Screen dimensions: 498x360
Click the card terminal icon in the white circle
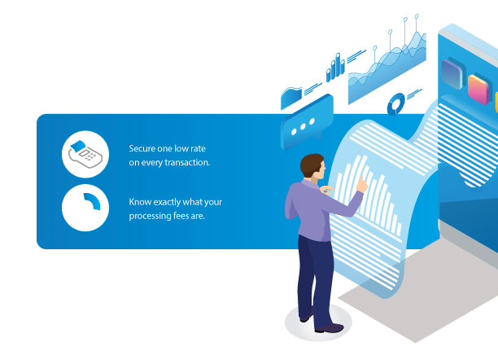(x=85, y=154)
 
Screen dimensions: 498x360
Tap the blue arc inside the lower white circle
(x=94, y=200)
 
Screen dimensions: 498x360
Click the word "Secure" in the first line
(x=142, y=148)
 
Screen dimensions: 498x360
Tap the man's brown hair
(x=311, y=164)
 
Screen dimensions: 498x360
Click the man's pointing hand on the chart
(x=362, y=184)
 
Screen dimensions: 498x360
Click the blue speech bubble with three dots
(x=307, y=122)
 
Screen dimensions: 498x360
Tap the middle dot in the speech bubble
(x=303, y=126)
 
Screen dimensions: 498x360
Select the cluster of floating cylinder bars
(x=335, y=68)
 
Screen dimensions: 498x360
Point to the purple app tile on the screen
(x=452, y=73)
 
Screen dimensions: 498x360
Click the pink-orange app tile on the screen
(x=478, y=89)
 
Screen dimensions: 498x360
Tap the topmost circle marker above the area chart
(x=417, y=16)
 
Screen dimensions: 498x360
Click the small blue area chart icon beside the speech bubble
(x=291, y=98)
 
